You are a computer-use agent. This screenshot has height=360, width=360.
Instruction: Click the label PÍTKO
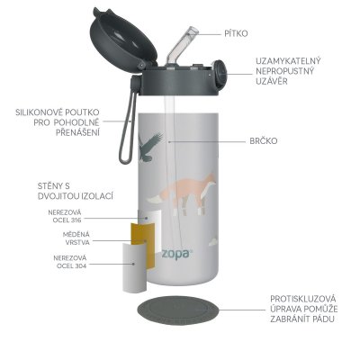tap(238, 33)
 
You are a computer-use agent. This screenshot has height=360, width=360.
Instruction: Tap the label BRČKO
tap(264, 141)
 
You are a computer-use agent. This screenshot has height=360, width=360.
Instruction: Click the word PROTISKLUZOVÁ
tap(301, 300)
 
